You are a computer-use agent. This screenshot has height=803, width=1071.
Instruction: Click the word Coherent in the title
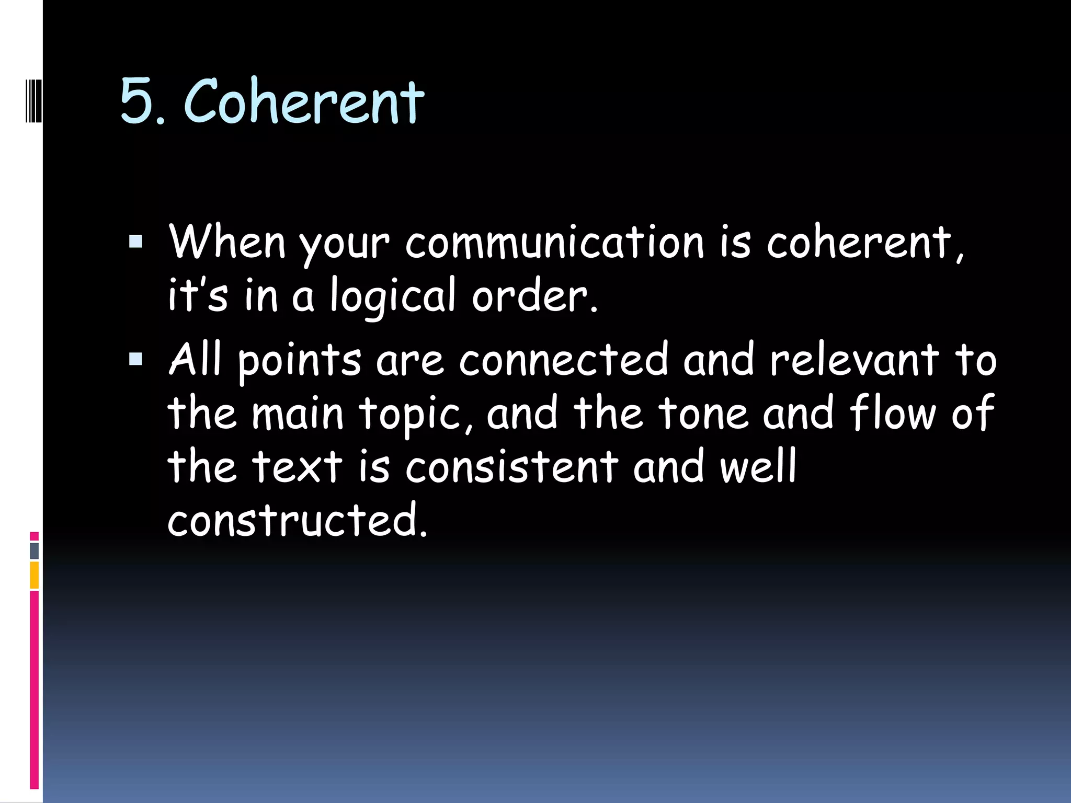click(303, 101)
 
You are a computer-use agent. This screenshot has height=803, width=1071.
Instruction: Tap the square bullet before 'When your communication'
click(135, 241)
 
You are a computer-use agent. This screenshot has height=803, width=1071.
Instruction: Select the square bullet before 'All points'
click(135, 359)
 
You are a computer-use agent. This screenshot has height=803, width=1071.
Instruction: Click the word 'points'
click(299, 361)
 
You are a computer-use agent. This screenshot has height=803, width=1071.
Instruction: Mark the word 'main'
click(297, 413)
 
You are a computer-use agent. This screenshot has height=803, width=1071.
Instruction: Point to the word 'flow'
click(892, 413)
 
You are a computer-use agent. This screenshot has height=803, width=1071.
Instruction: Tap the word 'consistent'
click(511, 466)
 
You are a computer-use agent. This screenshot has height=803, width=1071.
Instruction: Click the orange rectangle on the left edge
click(35, 575)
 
